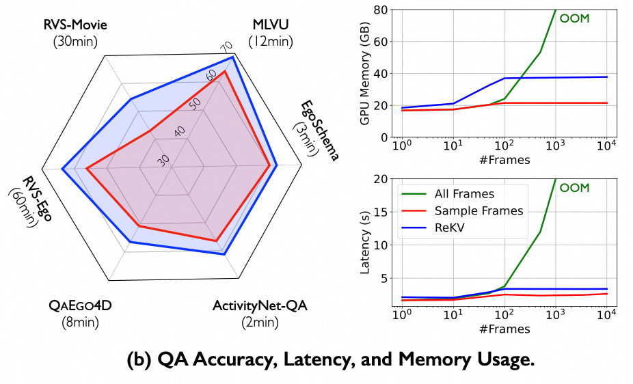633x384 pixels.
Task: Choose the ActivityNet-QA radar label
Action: click(259, 305)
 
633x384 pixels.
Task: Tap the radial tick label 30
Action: click(163, 160)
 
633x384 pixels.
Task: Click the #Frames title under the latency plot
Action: click(504, 329)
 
